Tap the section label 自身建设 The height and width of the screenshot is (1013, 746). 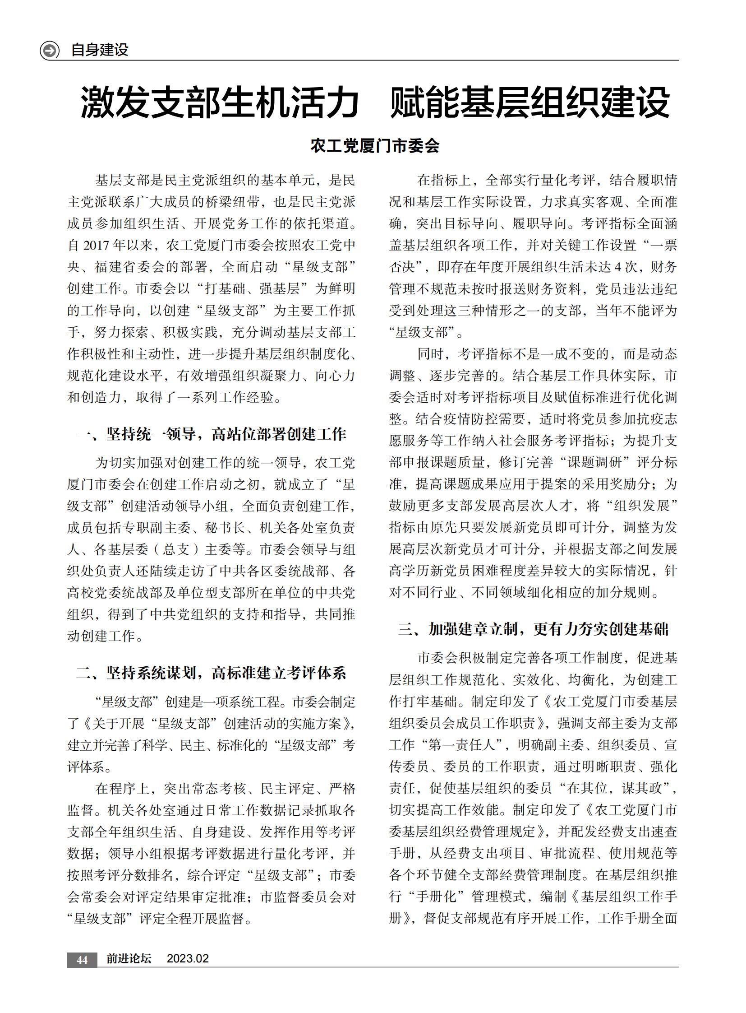[x=100, y=50]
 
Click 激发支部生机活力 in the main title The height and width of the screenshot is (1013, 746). [x=220, y=103]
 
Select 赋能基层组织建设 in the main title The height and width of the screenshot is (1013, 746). [x=530, y=103]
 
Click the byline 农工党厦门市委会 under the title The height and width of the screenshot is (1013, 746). [x=375, y=146]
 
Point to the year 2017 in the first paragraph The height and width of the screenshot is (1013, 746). [x=96, y=246]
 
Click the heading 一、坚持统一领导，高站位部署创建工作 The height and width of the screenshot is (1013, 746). [x=211, y=434]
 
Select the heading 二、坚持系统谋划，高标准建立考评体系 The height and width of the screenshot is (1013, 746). [x=211, y=673]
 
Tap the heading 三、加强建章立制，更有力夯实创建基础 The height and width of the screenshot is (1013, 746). [x=533, y=629]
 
